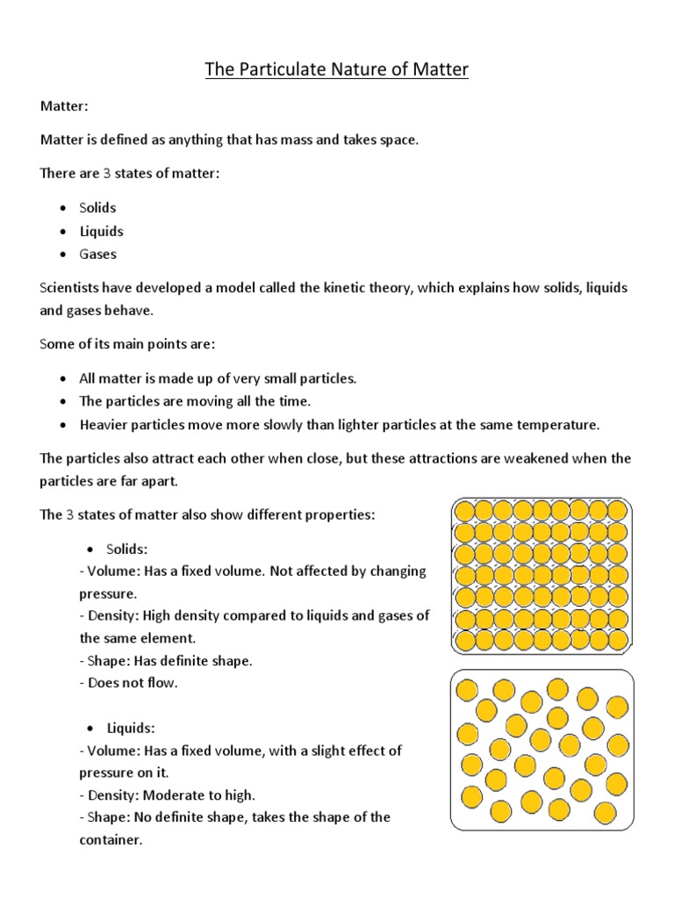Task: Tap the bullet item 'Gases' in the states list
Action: (x=97, y=255)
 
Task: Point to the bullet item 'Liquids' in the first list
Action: (x=101, y=232)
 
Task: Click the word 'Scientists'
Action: (x=70, y=288)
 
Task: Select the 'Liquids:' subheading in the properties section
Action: (x=131, y=728)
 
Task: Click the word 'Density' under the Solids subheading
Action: (x=111, y=615)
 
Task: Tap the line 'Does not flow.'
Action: (x=133, y=682)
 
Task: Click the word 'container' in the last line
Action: (x=109, y=840)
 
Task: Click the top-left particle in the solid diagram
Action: (x=463, y=511)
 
